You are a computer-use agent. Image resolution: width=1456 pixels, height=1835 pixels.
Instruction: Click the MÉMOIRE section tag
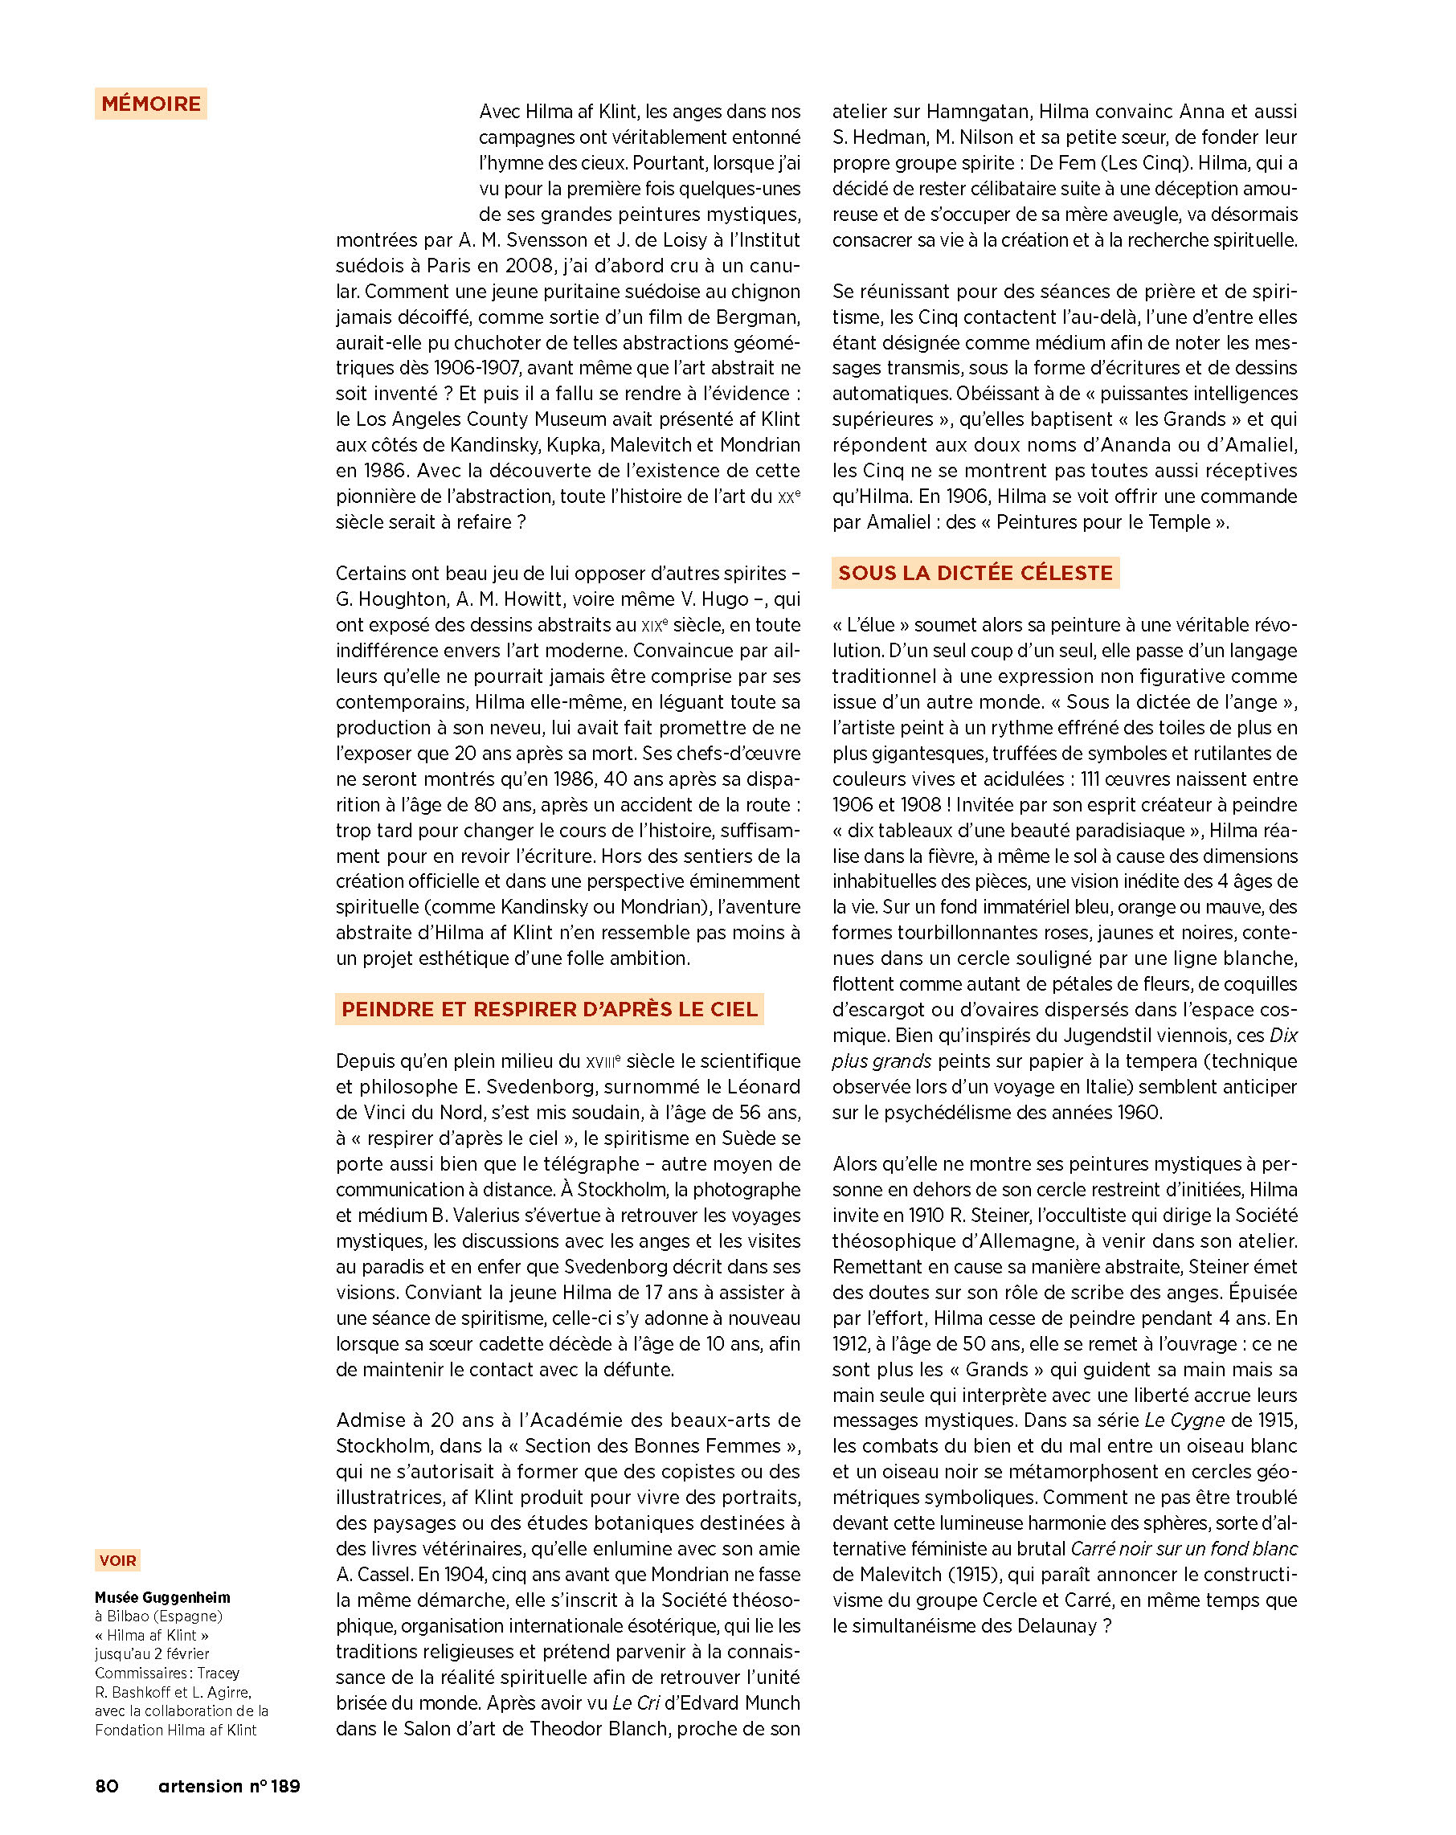[151, 104]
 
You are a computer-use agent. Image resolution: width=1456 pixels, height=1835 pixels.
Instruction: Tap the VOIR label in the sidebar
[117, 1560]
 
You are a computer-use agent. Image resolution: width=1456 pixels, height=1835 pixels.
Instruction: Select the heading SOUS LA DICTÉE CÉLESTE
[975, 573]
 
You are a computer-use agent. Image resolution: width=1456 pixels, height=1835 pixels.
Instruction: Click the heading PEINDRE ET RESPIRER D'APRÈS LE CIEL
[549, 1008]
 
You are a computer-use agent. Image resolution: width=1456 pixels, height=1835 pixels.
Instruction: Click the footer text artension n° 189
[229, 1786]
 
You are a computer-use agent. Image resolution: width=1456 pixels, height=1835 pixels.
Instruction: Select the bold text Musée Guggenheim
[162, 1597]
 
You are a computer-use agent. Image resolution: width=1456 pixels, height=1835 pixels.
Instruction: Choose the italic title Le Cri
[635, 1702]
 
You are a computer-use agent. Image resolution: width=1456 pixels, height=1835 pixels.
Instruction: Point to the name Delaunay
[1055, 1625]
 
